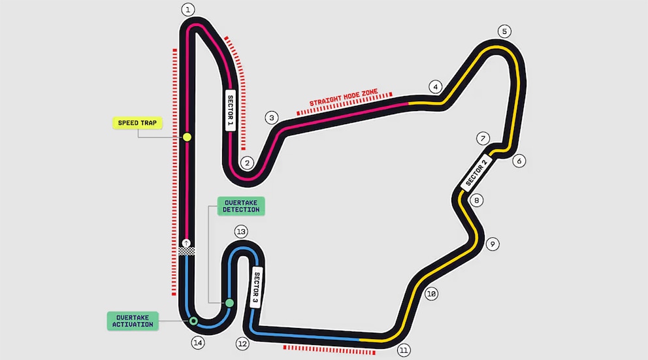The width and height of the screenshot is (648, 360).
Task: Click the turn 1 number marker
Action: pyautogui.click(x=188, y=10)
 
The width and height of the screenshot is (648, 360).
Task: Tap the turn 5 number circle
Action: pyautogui.click(x=504, y=31)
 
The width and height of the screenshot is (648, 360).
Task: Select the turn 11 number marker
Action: pyautogui.click(x=403, y=350)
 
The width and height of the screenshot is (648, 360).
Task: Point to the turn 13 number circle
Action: pyautogui.click(x=241, y=231)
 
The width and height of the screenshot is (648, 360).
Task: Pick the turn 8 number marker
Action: pyautogui.click(x=476, y=201)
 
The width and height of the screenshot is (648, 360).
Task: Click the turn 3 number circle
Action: pyautogui.click(x=272, y=118)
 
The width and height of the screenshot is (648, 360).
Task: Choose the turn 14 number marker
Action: pyautogui.click(x=198, y=342)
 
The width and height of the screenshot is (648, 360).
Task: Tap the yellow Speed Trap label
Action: pyautogui.click(x=137, y=123)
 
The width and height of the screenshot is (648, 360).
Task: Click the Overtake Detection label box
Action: pyautogui.click(x=241, y=206)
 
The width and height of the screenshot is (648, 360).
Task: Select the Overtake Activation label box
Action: pyautogui.click(x=133, y=321)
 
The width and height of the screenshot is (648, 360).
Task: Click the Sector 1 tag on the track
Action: pyautogui.click(x=230, y=110)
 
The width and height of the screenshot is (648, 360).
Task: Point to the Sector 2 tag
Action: pyautogui.click(x=476, y=172)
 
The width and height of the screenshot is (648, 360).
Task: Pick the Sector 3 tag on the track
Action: pyautogui.click(x=256, y=287)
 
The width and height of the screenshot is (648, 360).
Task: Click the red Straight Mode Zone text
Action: pyautogui.click(x=344, y=97)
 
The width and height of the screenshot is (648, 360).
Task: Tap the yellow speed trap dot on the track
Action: pyautogui.click(x=187, y=137)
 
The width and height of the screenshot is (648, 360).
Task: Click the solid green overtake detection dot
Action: pyautogui.click(x=229, y=303)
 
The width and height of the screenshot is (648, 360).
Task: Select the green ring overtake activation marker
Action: pyautogui.click(x=193, y=321)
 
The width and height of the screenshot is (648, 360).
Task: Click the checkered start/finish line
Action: pyautogui.click(x=187, y=251)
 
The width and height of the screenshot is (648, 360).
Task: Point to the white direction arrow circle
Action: pyautogui.click(x=186, y=243)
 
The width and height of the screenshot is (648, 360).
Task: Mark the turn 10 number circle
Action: pyautogui.click(x=431, y=294)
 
